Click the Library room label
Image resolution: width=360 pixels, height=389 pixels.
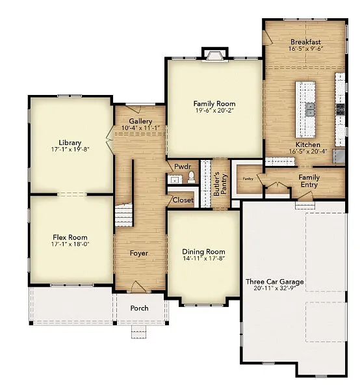tap(70, 142)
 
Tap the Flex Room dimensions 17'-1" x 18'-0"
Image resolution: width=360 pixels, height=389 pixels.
tap(70, 245)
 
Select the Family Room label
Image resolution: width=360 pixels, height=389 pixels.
tap(214, 103)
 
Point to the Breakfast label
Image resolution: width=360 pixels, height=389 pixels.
tap(305, 42)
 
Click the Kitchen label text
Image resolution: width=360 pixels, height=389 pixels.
tap(308, 144)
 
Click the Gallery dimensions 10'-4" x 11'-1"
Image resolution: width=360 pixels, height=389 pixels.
tap(140, 128)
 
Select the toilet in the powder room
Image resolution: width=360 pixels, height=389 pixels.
tap(191, 178)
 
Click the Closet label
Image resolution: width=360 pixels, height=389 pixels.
tap(183, 200)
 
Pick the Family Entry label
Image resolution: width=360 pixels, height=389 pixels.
tap(309, 181)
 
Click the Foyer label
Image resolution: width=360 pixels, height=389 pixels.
tap(139, 253)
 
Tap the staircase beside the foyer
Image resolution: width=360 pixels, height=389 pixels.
tap(123, 215)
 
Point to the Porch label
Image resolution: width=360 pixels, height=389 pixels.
tap(139, 308)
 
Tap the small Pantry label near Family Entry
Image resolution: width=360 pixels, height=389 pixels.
tap(248, 178)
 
